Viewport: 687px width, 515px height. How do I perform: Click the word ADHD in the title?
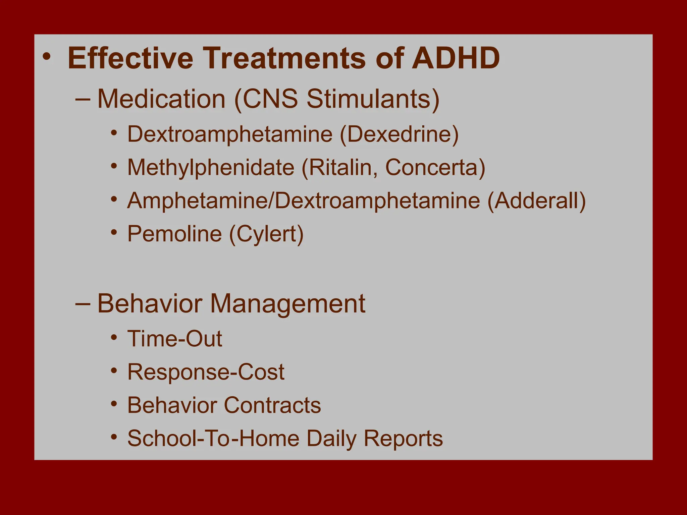click(456, 58)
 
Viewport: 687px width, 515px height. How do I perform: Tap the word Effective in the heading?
click(130, 58)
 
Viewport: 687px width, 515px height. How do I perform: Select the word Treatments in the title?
click(284, 58)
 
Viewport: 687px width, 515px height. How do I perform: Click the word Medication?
click(161, 99)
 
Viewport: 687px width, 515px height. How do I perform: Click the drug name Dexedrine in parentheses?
click(399, 134)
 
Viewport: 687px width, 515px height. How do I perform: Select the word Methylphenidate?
click(211, 167)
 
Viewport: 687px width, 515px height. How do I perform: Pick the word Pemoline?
click(174, 234)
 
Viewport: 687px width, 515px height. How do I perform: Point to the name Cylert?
click(266, 234)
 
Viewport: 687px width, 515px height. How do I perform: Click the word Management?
click(287, 304)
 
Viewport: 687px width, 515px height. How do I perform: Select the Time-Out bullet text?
click(174, 339)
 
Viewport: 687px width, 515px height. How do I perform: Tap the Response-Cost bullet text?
click(206, 372)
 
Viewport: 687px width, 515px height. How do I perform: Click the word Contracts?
click(272, 405)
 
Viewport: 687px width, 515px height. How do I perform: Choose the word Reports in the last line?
click(403, 438)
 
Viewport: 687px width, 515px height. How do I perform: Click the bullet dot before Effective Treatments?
click(47, 57)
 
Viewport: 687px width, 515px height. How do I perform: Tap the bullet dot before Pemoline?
click(114, 232)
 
